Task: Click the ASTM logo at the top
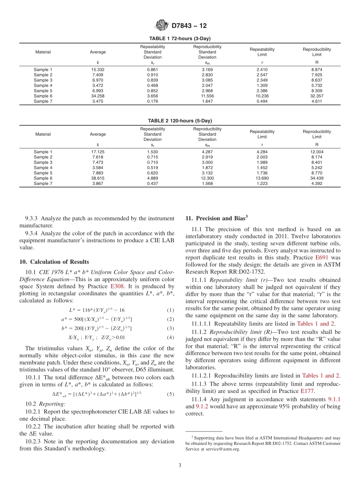click(x=162, y=26)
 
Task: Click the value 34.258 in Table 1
click(x=98, y=96)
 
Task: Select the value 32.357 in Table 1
click(x=317, y=96)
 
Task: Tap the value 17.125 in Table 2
click(x=98, y=152)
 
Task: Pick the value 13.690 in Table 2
click(x=262, y=178)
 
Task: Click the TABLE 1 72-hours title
click(x=180, y=39)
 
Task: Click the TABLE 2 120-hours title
click(x=180, y=121)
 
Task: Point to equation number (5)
click(x=171, y=394)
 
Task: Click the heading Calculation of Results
click(x=54, y=262)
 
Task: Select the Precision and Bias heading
click(x=217, y=218)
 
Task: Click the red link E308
click(x=116, y=287)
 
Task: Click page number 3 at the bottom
click(x=180, y=465)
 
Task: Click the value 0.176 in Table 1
click(x=152, y=101)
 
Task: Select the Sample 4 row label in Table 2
click(x=43, y=167)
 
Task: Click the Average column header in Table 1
click(x=98, y=52)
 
